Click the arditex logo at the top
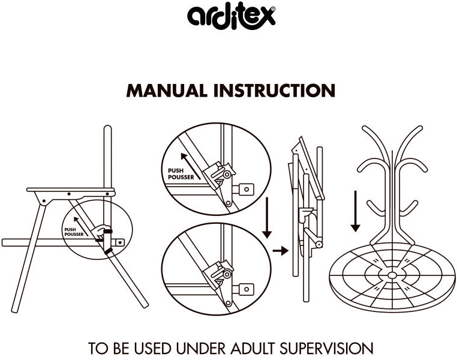[231, 16]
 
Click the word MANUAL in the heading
[167, 91]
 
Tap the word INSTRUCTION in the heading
[274, 91]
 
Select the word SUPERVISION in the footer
[326, 349]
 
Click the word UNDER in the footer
[200, 349]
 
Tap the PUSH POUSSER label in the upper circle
[181, 174]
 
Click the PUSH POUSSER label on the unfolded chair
[74, 232]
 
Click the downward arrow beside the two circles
[267, 218]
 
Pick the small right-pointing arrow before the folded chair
[281, 250]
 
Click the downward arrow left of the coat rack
[355, 211]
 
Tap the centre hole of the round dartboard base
[392, 275]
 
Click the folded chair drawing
[308, 218]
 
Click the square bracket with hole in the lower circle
[246, 289]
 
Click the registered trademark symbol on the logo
[272, 10]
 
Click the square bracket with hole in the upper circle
[246, 189]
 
